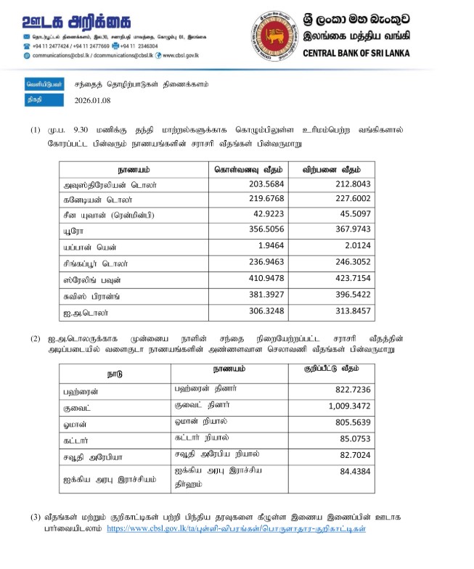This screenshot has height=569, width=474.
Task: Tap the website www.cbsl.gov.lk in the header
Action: (x=181, y=55)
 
